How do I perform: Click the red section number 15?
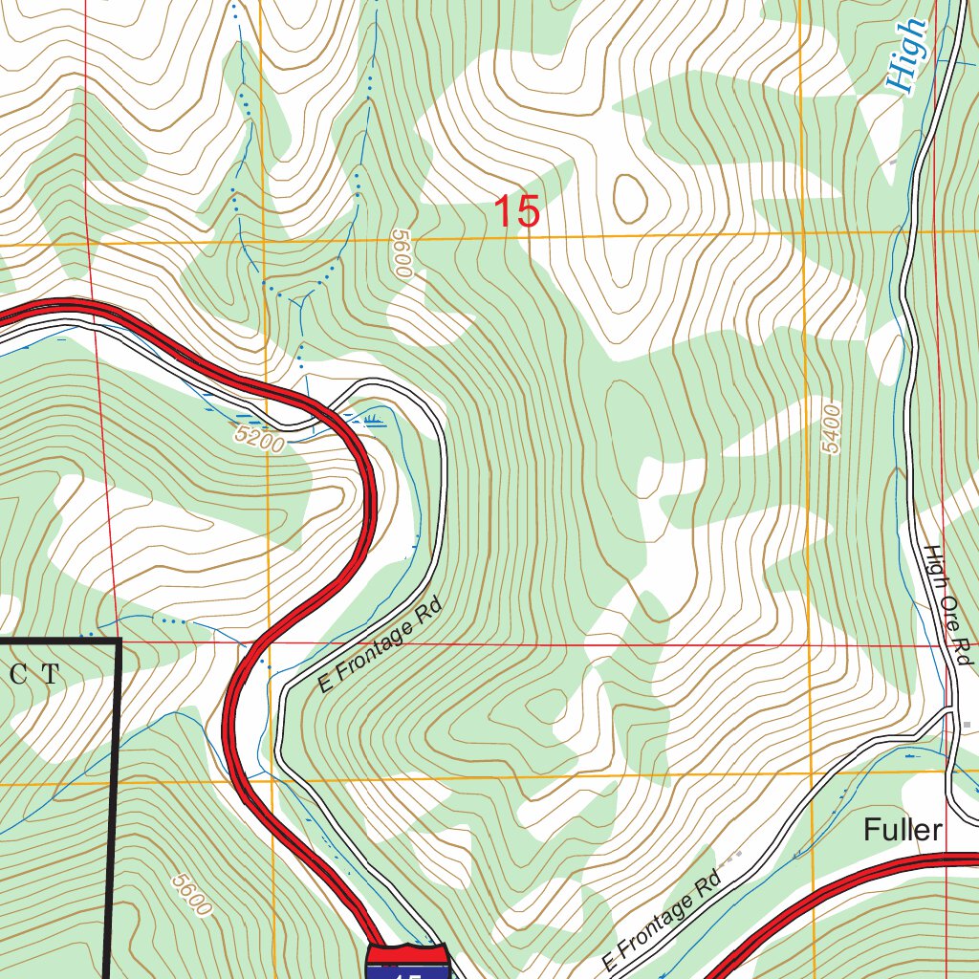517,211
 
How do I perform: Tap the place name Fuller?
903,830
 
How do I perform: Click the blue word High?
907,55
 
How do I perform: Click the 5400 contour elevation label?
831,430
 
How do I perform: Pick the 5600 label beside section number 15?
400,253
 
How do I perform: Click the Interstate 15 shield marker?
406,960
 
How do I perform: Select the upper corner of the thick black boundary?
120,640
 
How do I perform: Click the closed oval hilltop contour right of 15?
628,197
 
